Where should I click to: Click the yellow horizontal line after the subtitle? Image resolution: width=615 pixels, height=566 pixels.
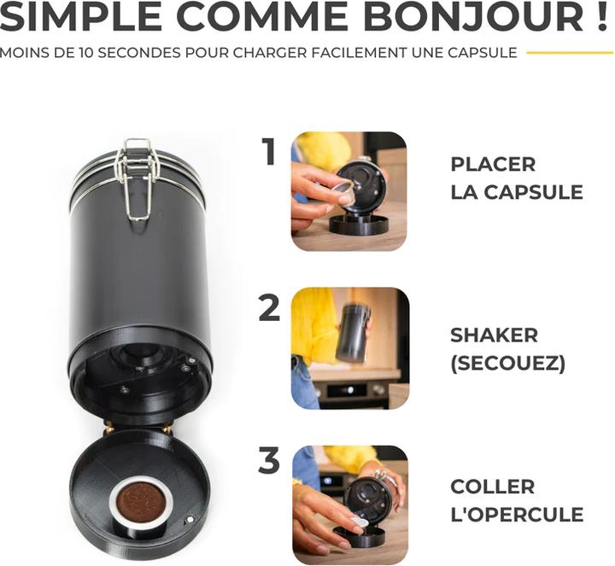[569, 53]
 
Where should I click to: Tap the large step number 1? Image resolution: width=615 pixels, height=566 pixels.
[270, 152]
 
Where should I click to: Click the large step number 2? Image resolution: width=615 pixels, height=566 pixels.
[269, 307]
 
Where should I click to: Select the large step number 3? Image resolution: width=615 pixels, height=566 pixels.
[269, 462]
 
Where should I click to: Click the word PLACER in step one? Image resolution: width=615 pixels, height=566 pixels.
[493, 164]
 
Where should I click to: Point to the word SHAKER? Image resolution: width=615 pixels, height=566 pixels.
[494, 336]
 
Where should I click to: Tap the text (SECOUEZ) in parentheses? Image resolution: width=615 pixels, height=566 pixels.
[507, 364]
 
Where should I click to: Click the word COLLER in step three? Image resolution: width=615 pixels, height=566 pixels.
[492, 487]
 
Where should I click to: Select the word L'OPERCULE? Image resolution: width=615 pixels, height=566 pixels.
[517, 515]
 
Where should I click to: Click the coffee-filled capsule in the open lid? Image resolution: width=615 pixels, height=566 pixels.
[140, 503]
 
